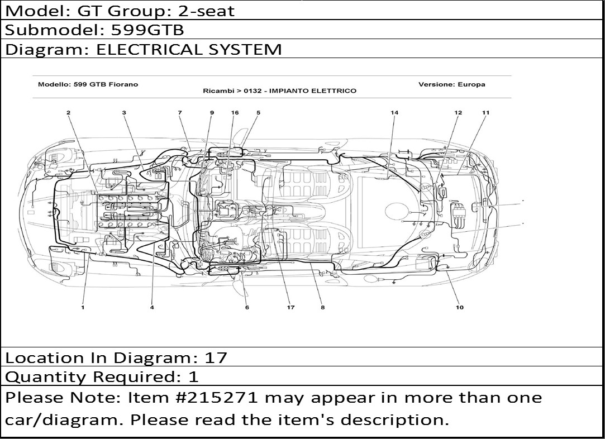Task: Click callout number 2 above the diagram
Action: tap(68, 113)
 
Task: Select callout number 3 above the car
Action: tap(124, 113)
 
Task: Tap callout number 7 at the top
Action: tap(180, 113)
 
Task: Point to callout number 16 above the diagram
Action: tap(235, 113)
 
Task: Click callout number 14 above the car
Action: tap(394, 113)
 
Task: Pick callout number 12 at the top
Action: tap(458, 113)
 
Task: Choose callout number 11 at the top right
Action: tap(486, 113)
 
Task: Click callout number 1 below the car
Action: tap(83, 307)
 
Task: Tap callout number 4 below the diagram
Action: tap(152, 307)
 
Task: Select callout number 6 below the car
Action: tap(246, 307)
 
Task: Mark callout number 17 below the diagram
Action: tap(290, 307)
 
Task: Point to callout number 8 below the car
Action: tap(322, 307)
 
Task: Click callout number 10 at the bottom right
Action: tap(459, 307)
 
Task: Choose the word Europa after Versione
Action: tap(471, 84)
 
